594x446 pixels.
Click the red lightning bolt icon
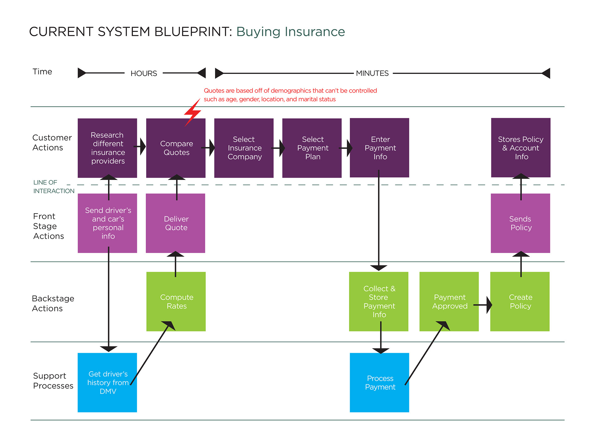[192, 113]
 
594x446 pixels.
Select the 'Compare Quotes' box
[176, 148]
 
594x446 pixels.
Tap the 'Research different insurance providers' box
[107, 148]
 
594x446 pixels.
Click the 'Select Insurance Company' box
[244, 148]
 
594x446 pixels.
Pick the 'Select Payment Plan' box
[312, 148]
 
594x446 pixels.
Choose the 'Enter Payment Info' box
[379, 148]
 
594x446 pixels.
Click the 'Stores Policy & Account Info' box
[521, 148]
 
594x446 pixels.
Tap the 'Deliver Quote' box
[175, 223]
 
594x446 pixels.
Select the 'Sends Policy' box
[520, 223]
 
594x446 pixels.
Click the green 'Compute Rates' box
[176, 302]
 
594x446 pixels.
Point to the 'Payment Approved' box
[449, 302]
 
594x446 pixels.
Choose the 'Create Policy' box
[520, 302]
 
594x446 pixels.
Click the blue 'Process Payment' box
[379, 383]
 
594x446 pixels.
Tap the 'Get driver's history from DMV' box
[107, 383]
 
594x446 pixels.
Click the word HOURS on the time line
[144, 73]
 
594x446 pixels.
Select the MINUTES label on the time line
[372, 73]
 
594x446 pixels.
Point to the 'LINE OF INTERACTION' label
[54, 187]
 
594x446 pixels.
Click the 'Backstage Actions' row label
[53, 304]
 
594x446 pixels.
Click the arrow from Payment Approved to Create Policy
[483, 305]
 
